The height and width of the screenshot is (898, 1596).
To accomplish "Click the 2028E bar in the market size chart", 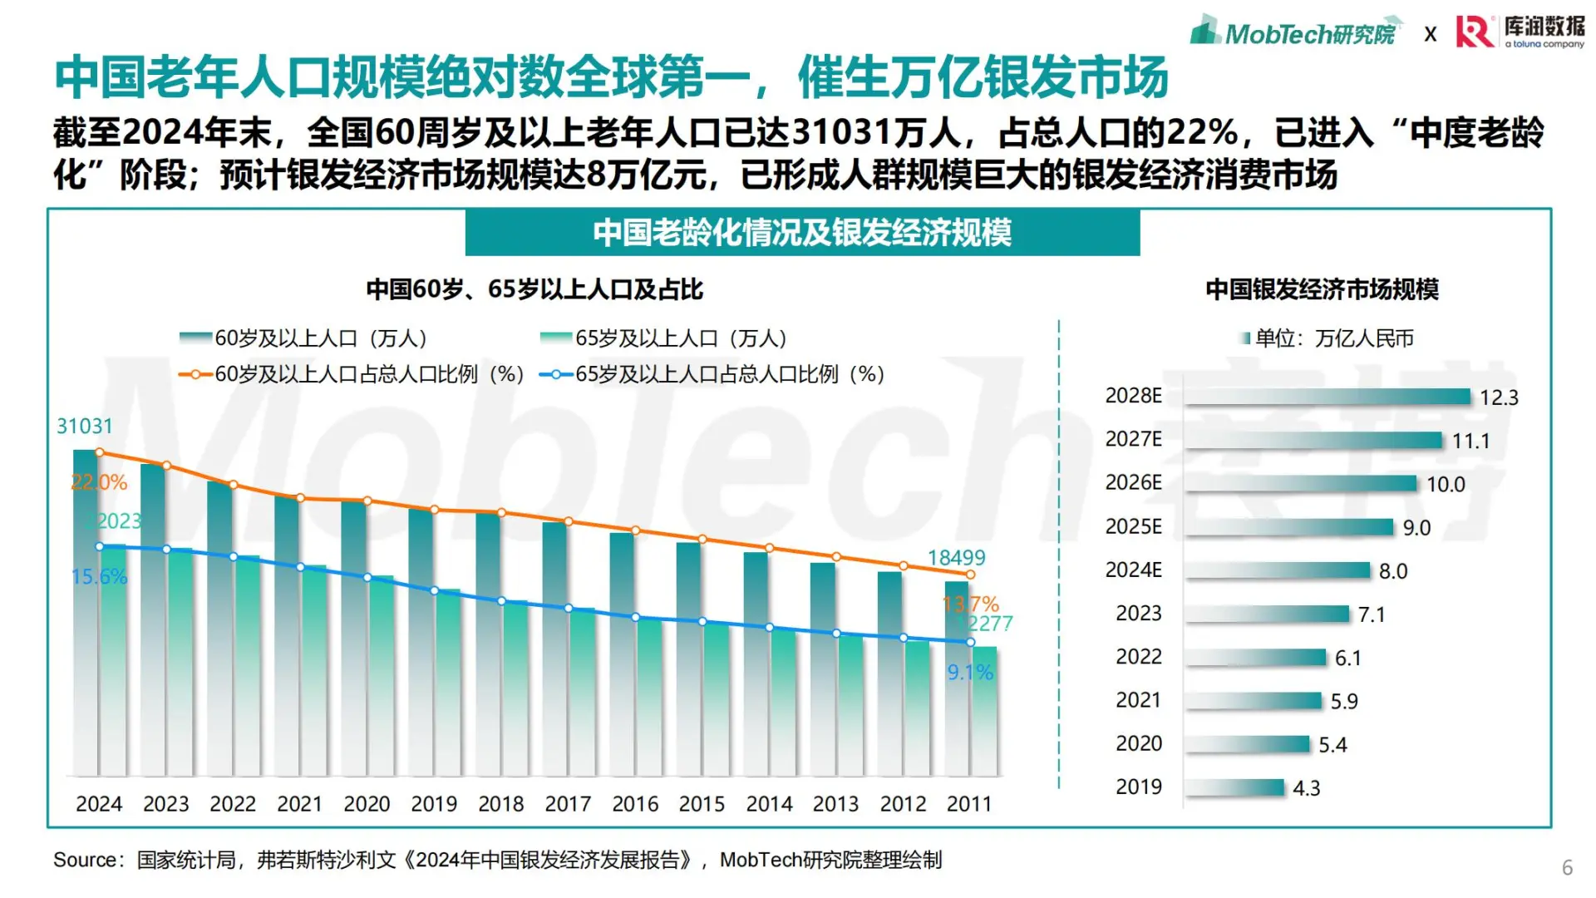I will click(x=1328, y=397).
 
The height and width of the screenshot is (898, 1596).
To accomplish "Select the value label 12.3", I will click(x=1498, y=397).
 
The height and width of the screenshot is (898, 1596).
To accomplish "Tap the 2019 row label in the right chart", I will click(x=1138, y=787).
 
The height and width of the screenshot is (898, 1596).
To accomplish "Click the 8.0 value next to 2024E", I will click(x=1392, y=571).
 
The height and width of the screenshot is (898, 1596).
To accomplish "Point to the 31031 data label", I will click(x=84, y=426).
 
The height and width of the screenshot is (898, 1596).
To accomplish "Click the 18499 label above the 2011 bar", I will click(x=956, y=557).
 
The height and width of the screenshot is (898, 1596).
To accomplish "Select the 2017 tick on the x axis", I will click(x=567, y=804).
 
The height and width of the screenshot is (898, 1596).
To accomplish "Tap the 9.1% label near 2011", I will click(x=970, y=672).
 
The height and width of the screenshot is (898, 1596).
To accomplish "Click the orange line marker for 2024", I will click(x=100, y=452).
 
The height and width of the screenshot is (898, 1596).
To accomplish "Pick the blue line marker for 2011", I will click(x=970, y=642).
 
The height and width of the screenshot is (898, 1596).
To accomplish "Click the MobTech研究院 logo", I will click(x=1295, y=33).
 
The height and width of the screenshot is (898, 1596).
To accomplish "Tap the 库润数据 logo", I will click(x=1520, y=32).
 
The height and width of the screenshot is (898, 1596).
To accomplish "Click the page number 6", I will click(x=1567, y=867).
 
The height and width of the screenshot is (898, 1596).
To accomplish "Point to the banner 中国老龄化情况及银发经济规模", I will click(x=802, y=233).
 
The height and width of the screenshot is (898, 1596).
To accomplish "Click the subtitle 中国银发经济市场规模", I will click(x=1322, y=289).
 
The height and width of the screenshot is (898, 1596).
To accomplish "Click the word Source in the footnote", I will click(x=84, y=860).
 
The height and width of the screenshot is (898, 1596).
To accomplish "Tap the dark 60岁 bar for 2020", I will click(x=353, y=632).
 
